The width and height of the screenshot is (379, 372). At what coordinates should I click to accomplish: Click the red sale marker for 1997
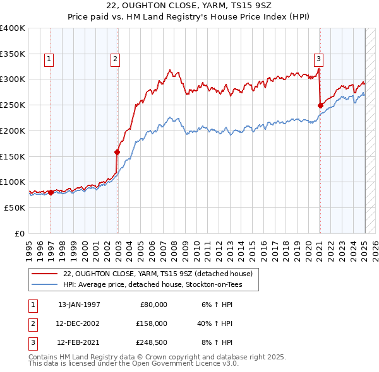click(51, 192)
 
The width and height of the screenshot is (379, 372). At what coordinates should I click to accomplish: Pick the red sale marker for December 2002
click(117, 152)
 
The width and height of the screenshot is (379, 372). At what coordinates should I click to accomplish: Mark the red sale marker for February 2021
click(320, 105)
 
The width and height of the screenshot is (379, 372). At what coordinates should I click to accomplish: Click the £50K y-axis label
click(15, 207)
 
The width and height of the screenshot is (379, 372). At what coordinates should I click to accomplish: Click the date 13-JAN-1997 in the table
click(79, 305)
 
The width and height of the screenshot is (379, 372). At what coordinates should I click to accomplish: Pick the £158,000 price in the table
click(152, 323)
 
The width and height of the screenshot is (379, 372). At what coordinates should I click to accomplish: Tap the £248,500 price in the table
click(152, 342)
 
